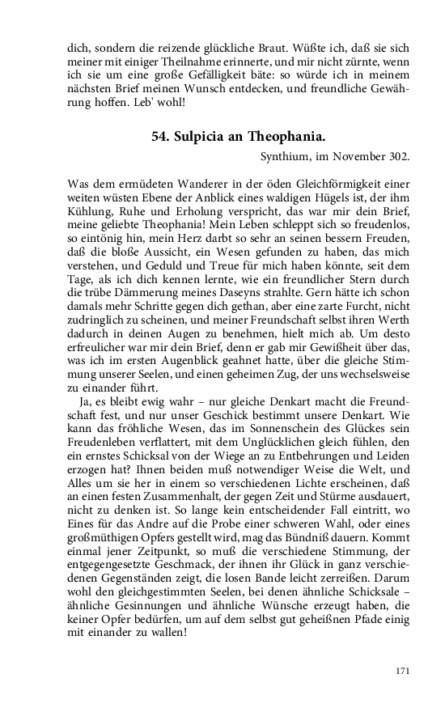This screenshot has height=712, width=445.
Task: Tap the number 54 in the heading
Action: [x=160, y=137]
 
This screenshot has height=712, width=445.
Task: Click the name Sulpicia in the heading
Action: [x=203, y=137]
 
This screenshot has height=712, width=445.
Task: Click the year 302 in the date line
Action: [x=397, y=155]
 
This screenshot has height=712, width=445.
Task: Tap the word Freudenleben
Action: [x=101, y=447]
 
